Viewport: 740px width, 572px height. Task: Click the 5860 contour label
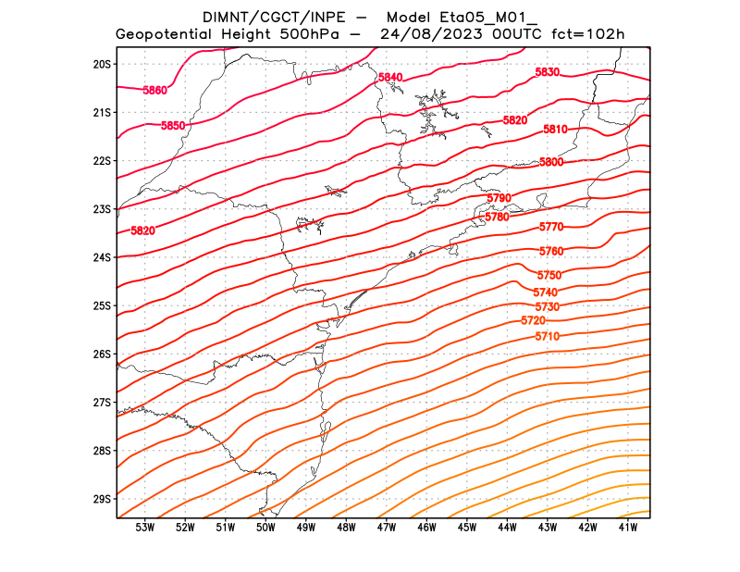(x=155, y=90)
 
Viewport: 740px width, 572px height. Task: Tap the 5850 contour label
(x=173, y=125)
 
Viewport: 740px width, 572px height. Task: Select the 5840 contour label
(x=390, y=77)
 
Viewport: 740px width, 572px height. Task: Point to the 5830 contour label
(x=548, y=72)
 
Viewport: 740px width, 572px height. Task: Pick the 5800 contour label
(x=551, y=162)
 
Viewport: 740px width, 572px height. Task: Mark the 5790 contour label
(x=499, y=198)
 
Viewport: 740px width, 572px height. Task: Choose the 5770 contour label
(x=551, y=227)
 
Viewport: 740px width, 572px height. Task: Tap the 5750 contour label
(x=549, y=276)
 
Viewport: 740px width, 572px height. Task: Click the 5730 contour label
(x=547, y=306)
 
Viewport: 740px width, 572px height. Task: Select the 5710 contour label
(x=547, y=336)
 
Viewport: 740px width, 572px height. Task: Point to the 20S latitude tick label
(x=102, y=64)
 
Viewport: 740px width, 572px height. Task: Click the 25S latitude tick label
(x=102, y=305)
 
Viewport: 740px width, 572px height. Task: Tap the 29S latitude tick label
(x=102, y=499)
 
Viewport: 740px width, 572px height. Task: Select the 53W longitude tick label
(x=144, y=528)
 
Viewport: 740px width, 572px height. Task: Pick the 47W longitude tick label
(x=387, y=528)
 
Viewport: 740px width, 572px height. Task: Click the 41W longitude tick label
(x=629, y=528)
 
